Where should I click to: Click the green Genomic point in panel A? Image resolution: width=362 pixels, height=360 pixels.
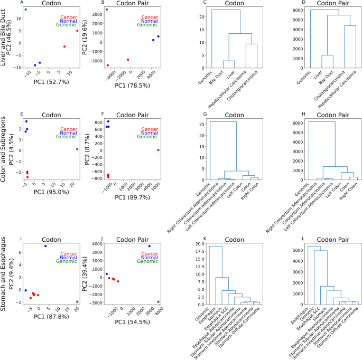pyautogui.click(x=25, y=10)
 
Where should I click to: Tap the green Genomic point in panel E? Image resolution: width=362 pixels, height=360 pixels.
pyautogui.click(x=77, y=149)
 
